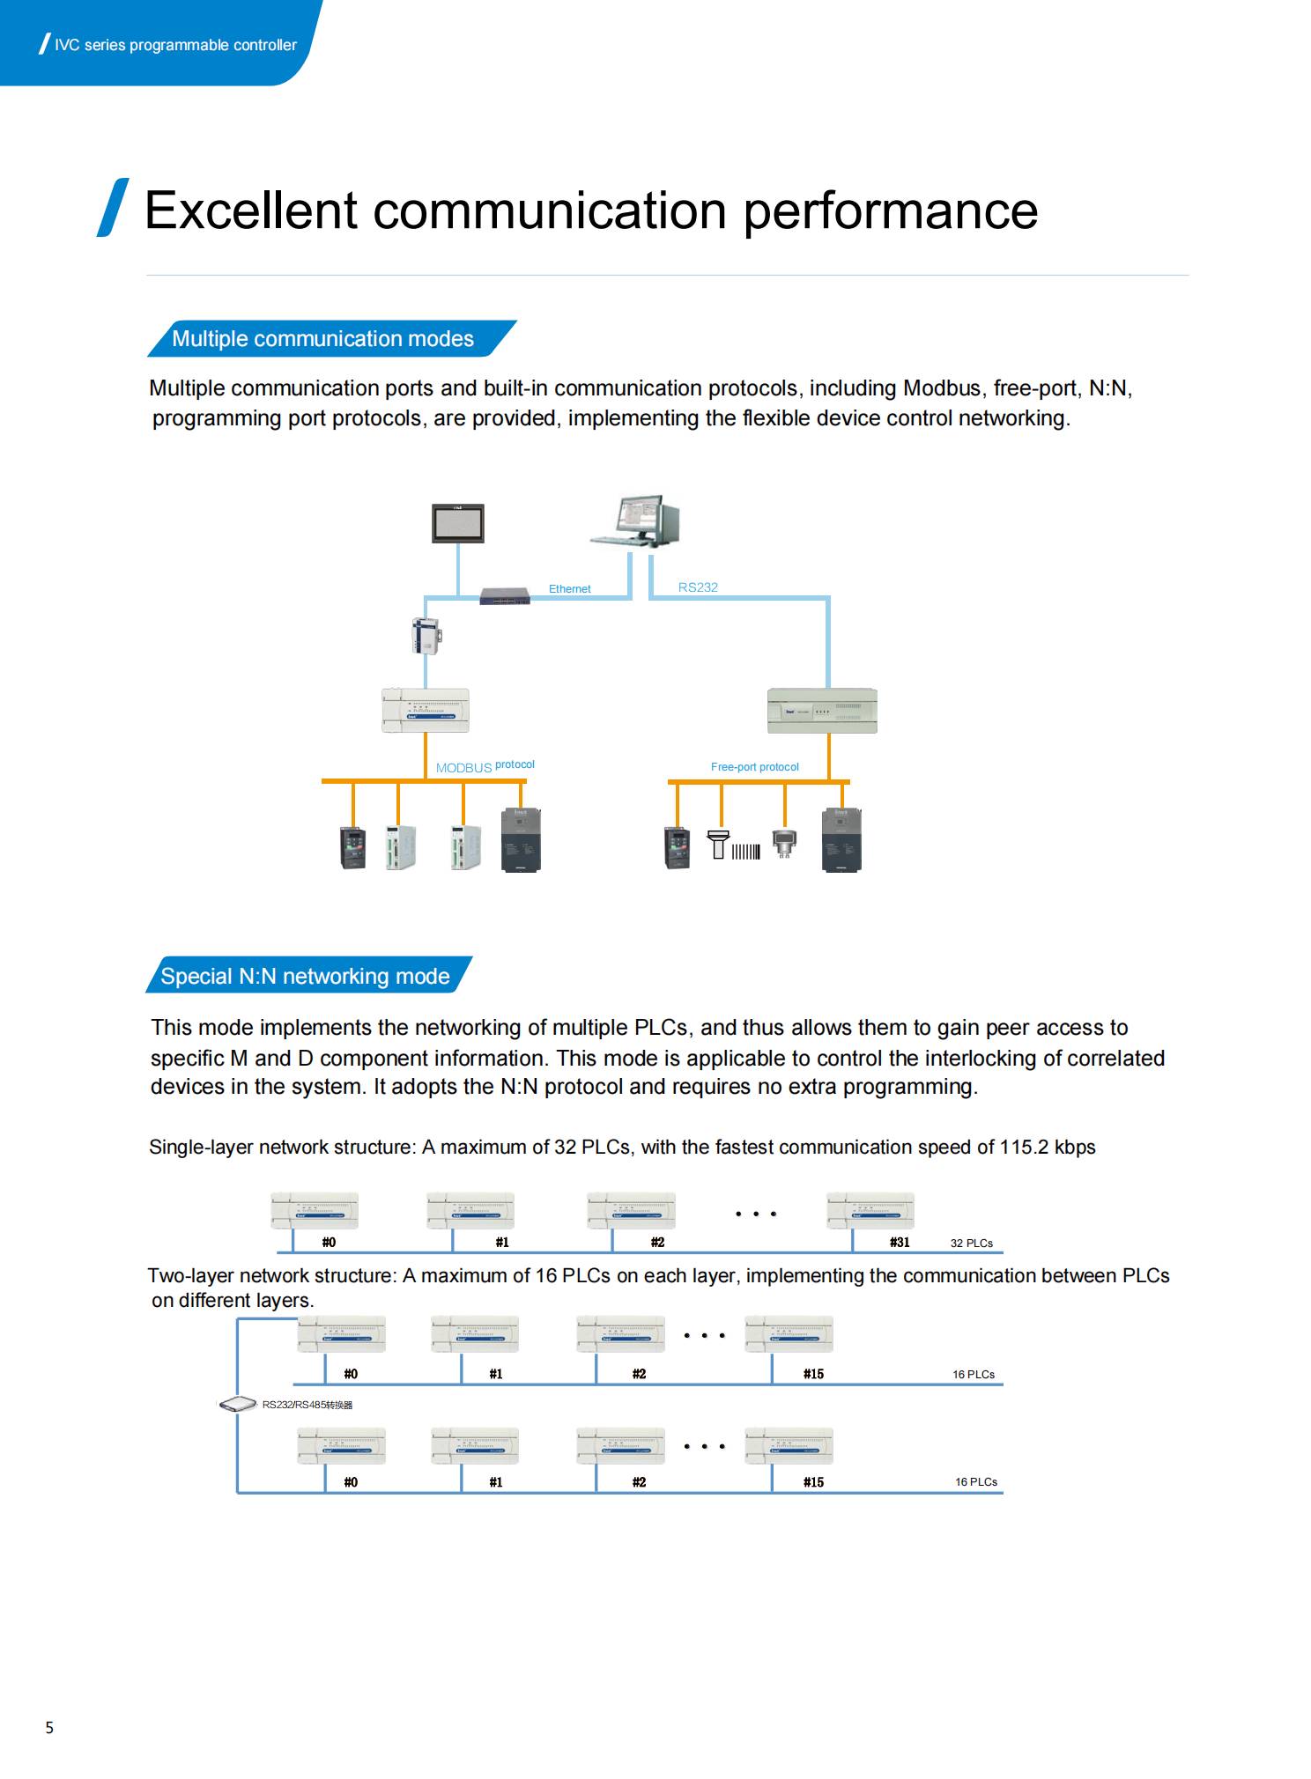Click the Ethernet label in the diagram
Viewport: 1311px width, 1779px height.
tap(569, 588)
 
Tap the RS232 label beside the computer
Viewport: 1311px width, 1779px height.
tap(698, 587)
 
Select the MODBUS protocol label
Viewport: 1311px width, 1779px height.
tap(485, 766)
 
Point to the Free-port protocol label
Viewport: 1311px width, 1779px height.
tap(754, 767)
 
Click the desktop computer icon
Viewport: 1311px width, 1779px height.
tap(634, 521)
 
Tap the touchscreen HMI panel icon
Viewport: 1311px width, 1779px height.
tap(457, 523)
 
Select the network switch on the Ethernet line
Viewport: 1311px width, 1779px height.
tap(505, 595)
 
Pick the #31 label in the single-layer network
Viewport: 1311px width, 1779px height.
tap(899, 1242)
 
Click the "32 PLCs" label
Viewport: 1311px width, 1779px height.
tap(971, 1243)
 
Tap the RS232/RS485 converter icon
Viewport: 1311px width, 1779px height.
tap(237, 1404)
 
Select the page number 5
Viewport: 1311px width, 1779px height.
tap(49, 1727)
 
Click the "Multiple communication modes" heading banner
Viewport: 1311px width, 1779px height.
tap(331, 338)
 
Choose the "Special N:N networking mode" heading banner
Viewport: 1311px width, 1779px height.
tap(308, 975)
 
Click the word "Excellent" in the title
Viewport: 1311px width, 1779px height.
tap(251, 210)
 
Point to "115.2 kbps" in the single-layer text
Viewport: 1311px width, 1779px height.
tap(1047, 1147)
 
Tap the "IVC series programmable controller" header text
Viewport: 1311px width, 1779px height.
tap(175, 45)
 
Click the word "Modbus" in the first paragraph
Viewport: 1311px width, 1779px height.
tap(941, 388)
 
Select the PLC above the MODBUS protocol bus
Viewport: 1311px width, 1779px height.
tap(426, 711)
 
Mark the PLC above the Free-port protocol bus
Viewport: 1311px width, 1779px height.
tap(822, 711)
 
